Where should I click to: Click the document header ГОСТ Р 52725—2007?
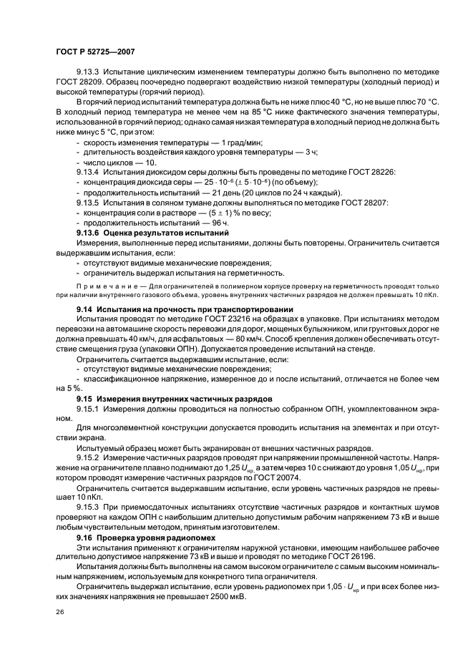95,52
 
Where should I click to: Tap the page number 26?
59,613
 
